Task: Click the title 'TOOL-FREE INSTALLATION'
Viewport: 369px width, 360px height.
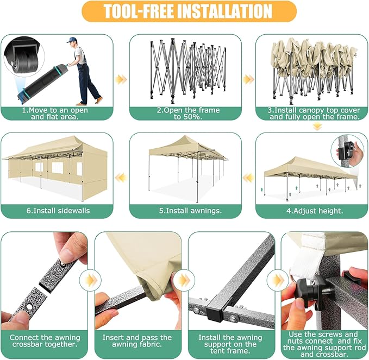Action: point(188,11)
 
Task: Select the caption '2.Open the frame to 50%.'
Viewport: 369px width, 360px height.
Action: point(188,113)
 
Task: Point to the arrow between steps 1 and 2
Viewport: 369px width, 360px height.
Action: point(121,79)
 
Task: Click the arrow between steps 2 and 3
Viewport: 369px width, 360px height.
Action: point(248,79)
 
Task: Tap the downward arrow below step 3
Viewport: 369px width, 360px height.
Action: point(317,127)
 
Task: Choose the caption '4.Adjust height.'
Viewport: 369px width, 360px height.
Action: point(315,211)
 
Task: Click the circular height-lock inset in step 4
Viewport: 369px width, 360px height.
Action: point(347,151)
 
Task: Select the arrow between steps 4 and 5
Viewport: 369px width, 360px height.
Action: point(248,178)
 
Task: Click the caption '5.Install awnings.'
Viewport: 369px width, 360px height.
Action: point(190,211)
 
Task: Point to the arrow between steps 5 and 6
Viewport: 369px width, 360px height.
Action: point(121,178)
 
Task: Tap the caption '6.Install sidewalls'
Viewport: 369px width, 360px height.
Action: point(58,211)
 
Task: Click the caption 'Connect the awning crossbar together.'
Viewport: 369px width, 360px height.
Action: point(45,341)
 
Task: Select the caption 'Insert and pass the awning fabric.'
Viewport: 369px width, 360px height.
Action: point(137,341)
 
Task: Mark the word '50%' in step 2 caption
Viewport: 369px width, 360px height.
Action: point(193,117)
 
